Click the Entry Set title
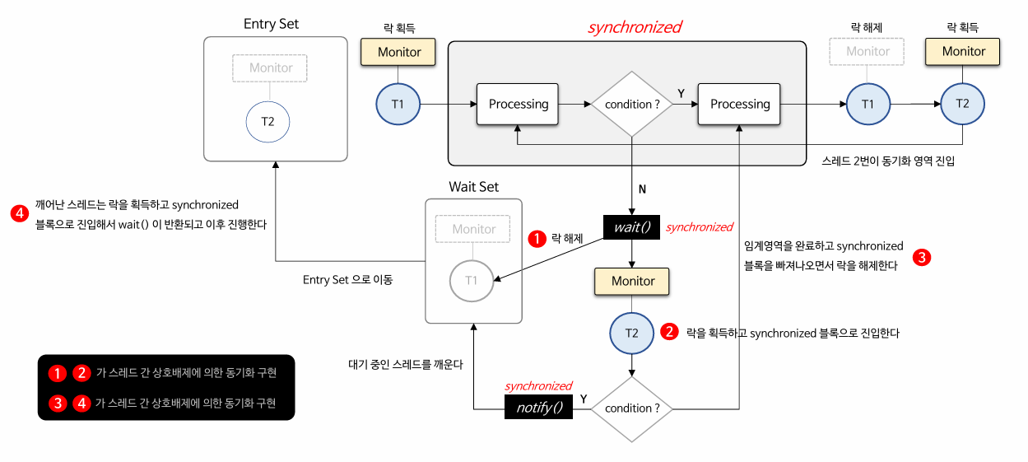tap(271, 24)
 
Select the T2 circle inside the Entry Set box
tap(267, 122)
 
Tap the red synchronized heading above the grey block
tap(635, 27)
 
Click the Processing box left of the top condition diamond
tap(518, 105)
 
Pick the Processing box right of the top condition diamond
tap(739, 105)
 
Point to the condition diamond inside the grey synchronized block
tap(632, 105)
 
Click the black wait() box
tap(631, 227)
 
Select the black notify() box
tap(539, 407)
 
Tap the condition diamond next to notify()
tap(632, 408)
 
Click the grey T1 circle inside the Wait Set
tap(472, 281)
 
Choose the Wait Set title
tap(473, 187)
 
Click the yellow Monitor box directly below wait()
tap(632, 281)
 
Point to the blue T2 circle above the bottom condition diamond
tap(632, 333)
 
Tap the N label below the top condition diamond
tap(642, 189)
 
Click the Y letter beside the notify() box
tap(584, 399)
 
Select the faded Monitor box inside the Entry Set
tap(270, 68)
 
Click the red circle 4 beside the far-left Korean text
tap(20, 213)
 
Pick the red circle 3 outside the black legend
tap(922, 257)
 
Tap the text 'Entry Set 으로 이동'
tap(348, 280)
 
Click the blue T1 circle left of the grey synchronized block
tap(398, 105)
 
